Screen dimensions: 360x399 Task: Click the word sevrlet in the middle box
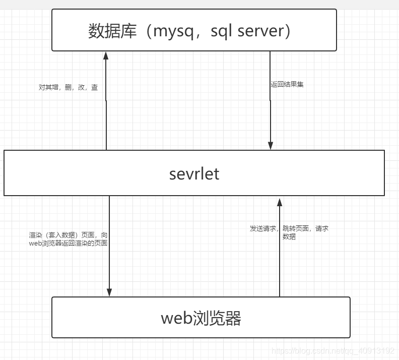point(194,173)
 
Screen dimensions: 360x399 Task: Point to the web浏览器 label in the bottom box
point(201,318)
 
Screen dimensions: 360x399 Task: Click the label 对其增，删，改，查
point(69,87)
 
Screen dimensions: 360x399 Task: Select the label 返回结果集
point(287,85)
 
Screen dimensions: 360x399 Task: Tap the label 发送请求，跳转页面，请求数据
point(289,232)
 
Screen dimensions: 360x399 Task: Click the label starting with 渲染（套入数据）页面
point(68,239)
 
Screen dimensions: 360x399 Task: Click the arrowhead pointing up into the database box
point(106,55)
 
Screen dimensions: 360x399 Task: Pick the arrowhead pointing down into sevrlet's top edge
point(271,146)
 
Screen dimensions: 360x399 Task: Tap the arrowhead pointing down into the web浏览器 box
point(109,292)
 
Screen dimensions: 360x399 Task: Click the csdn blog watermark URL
point(333,350)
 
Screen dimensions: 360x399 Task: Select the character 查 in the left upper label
point(95,87)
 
